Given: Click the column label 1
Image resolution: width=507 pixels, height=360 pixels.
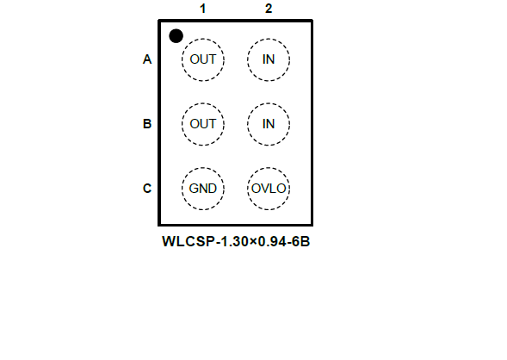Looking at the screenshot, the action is point(203,9).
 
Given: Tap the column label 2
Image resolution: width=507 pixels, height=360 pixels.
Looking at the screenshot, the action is point(269,9).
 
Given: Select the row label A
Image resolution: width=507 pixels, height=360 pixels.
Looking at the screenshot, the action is point(147,59).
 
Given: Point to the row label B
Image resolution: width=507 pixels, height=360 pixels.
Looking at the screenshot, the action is point(147,124).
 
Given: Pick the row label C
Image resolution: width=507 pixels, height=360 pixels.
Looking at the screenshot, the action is point(147,189).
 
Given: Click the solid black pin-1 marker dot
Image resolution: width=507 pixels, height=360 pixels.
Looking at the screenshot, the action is point(176,36).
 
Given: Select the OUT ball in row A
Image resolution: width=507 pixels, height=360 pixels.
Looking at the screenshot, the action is point(203,59).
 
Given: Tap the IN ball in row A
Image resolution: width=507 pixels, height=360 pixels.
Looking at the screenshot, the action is point(269,59).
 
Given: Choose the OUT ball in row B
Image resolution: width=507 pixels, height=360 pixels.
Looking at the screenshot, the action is point(203,124).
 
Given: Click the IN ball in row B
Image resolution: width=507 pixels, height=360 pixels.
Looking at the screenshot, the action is point(269,124).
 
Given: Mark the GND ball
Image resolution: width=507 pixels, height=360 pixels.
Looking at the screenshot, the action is point(203,189).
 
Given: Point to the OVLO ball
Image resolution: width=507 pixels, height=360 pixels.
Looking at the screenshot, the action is point(269,189).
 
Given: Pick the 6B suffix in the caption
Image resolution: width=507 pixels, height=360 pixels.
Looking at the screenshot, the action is point(301,242).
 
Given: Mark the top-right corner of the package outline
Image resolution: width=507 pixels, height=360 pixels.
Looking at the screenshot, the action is point(312,21).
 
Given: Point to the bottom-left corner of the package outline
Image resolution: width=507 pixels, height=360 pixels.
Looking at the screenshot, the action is point(159,224).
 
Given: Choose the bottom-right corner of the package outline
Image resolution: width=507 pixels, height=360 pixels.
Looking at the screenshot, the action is point(312,224).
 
